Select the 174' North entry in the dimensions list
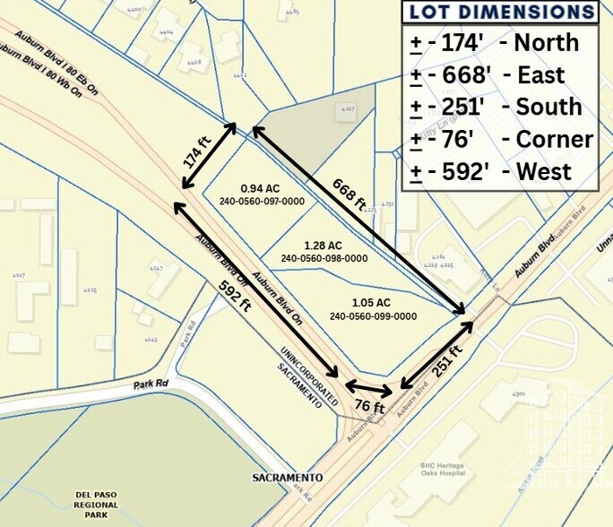pos(500,43)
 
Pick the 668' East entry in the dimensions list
pos(500,75)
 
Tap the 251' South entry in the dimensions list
pos(500,108)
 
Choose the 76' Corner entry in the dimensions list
pos(500,140)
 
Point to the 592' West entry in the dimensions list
pos(500,172)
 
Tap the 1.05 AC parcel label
pos(372,303)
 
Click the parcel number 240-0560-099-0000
pos(373,316)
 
